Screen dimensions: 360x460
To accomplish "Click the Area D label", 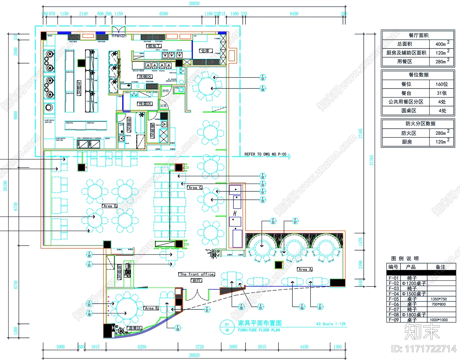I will tap(110, 206).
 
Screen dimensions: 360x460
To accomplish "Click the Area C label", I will tap(195, 188).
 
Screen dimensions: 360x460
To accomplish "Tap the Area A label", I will tap(304, 269).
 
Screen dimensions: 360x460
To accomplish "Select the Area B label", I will tap(151, 308).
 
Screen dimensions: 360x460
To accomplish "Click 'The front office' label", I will tap(197, 274).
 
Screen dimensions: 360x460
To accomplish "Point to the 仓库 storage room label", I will tap(206, 51).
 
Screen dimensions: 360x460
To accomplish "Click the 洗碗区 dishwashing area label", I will tap(145, 77).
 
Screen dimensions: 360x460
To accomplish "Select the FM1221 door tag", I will tap(119, 36).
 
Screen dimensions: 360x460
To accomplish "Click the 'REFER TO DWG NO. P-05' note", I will tap(265, 154).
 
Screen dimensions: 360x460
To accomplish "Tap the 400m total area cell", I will tap(442, 44).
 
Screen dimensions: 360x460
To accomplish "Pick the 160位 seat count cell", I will tap(442, 84).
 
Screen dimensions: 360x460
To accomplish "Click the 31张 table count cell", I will tap(442, 93).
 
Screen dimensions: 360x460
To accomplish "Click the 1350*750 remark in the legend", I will tap(439, 299).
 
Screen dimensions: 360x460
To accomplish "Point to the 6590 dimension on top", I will tap(164, 14).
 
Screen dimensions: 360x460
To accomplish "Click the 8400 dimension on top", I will tap(294, 14).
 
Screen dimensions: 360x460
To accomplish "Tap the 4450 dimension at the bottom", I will tap(304, 347).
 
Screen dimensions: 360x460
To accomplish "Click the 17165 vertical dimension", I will tap(361, 134).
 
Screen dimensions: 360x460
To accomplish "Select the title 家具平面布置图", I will tap(260, 323).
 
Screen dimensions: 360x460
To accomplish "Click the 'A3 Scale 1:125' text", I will tap(331, 324).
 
